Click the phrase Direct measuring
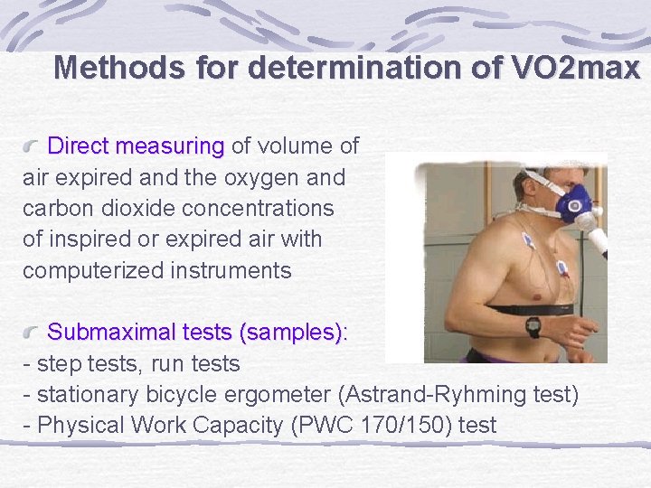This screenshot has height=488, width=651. pyautogui.click(x=136, y=145)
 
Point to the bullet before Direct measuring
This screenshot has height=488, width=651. pyautogui.click(x=33, y=146)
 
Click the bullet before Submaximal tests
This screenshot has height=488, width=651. pyautogui.click(x=33, y=333)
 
